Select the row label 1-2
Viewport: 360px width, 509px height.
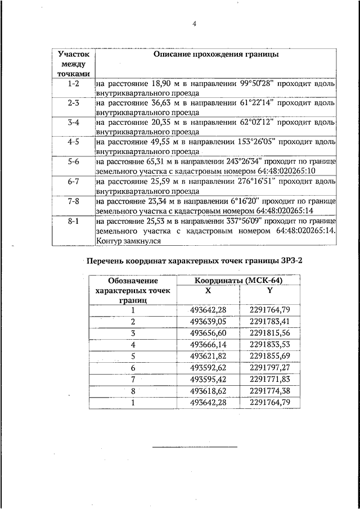73,83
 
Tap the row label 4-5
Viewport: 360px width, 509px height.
73,142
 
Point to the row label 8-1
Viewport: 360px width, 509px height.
73,221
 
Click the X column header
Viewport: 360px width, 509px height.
208,291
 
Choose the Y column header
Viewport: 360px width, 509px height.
270,291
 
